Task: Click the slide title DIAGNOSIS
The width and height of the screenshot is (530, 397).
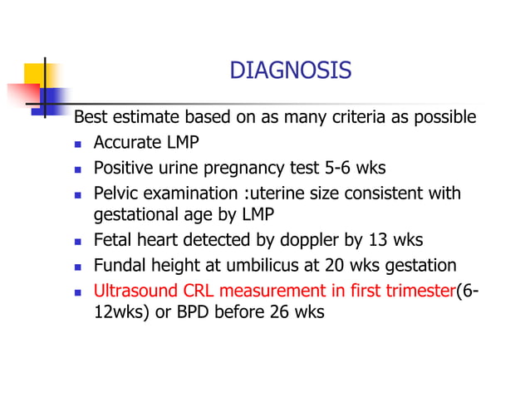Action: pos(290,71)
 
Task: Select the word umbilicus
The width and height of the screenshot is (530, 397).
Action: pos(279,266)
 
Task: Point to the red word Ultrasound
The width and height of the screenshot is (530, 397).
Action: pos(135,291)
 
